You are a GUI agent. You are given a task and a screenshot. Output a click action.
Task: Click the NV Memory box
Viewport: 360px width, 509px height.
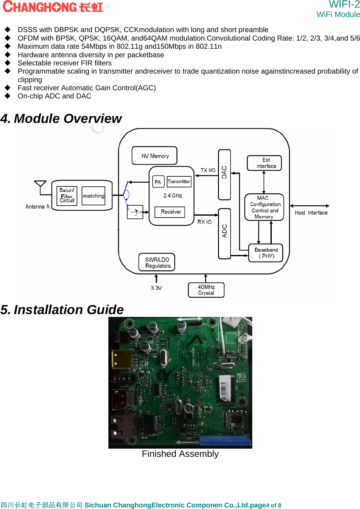[x=155, y=156]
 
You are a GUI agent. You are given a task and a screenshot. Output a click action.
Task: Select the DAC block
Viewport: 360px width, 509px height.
[x=224, y=174]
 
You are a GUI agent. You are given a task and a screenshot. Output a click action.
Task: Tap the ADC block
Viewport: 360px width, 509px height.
[x=224, y=233]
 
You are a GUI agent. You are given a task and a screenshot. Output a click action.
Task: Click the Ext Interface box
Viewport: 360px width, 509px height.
[x=264, y=163]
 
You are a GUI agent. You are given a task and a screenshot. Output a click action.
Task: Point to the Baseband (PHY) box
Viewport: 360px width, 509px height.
[x=266, y=253]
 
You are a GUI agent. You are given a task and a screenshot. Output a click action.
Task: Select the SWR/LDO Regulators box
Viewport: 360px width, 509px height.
[x=157, y=262]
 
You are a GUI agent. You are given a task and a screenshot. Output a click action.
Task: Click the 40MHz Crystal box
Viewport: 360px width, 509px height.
[x=206, y=290]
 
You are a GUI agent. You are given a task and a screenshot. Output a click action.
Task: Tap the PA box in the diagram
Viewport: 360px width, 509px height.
[x=158, y=182]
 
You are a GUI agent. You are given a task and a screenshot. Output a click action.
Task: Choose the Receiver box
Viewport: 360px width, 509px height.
[x=170, y=212]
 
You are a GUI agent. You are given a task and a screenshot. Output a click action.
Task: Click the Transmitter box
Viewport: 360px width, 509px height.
[x=179, y=182]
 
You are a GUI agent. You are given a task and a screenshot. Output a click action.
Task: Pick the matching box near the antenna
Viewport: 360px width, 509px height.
[x=93, y=196]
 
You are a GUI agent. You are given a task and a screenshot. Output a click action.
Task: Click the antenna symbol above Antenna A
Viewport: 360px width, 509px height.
[x=40, y=184]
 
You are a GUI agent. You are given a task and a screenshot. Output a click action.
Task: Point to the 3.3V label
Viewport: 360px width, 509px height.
[x=156, y=288]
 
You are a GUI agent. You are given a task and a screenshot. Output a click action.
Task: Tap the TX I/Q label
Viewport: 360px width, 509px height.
[x=208, y=170]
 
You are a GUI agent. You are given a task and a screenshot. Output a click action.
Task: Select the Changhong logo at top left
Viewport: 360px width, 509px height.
[x=53, y=7]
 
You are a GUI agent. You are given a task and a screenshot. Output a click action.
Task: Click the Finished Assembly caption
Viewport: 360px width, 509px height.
[x=180, y=454]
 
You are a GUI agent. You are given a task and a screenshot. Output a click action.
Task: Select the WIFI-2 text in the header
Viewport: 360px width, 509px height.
[x=344, y=4]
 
